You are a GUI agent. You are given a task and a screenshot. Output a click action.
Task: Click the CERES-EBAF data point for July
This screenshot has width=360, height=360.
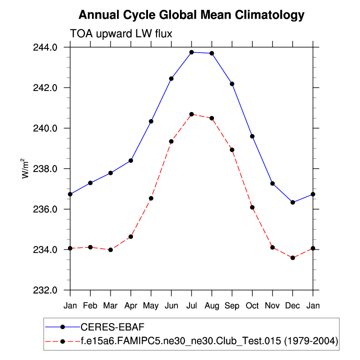(x=191, y=52)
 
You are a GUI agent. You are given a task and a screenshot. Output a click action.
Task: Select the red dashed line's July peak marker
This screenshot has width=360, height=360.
(x=191, y=114)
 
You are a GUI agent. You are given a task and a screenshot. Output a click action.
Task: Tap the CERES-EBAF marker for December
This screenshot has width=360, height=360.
(x=292, y=202)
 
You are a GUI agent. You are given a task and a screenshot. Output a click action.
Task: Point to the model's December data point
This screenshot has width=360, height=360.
(x=292, y=258)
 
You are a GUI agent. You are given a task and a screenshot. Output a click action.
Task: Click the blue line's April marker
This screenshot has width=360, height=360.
(x=131, y=160)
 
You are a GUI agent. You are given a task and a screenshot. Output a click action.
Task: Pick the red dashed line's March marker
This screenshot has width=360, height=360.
(x=110, y=249)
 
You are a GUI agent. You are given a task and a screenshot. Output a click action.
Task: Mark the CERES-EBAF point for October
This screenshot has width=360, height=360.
(x=252, y=136)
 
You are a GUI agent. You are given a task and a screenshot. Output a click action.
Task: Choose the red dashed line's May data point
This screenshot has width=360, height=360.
(x=151, y=198)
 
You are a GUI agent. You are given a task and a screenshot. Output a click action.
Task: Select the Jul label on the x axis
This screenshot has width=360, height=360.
(x=191, y=305)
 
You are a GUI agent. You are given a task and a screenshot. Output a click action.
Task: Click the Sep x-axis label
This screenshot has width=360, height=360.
(x=232, y=305)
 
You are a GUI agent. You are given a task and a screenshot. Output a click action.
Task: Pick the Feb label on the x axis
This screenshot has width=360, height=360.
(x=90, y=305)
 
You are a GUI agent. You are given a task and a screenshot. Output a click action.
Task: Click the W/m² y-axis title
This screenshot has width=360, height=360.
(x=24, y=168)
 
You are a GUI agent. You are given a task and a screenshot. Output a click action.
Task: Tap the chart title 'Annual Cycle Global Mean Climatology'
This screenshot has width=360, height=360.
(x=191, y=14)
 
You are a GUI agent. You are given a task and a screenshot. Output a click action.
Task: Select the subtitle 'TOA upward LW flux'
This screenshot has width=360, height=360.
(x=121, y=33)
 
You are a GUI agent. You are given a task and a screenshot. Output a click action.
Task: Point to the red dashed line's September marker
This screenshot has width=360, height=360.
(x=232, y=149)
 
